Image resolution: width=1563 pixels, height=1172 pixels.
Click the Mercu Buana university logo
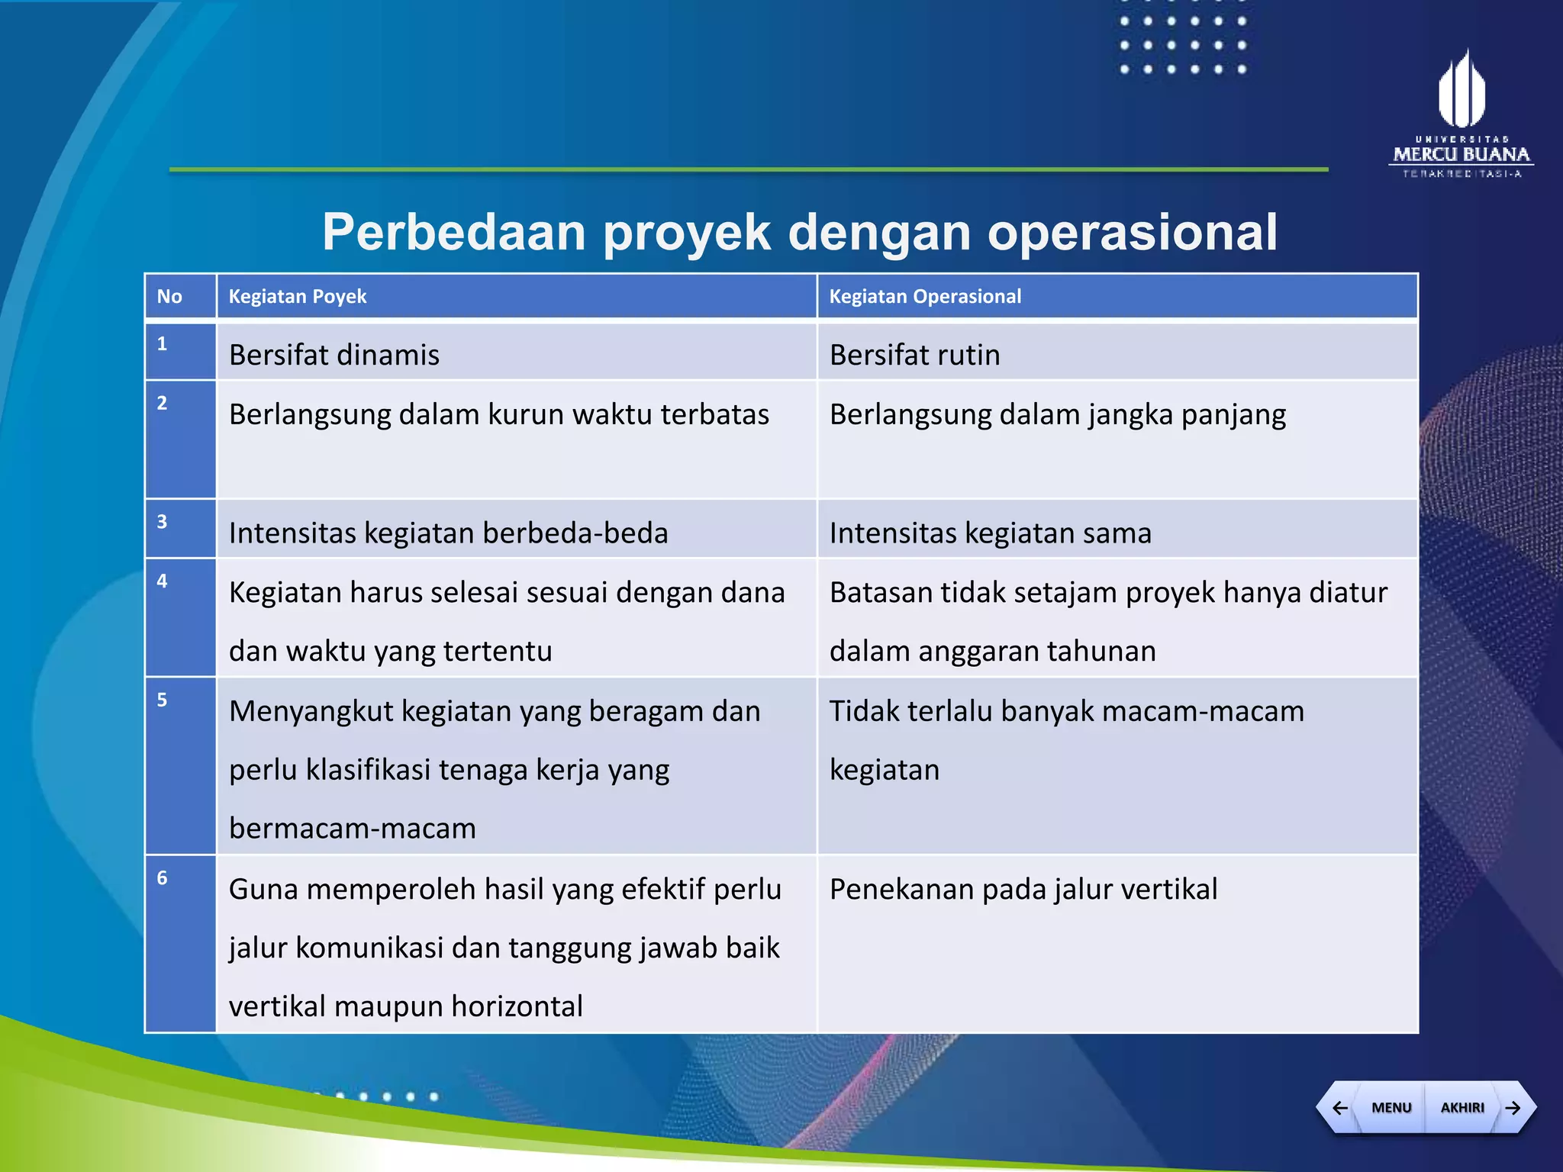(1461, 114)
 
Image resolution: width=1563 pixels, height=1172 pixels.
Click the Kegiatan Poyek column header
(298, 297)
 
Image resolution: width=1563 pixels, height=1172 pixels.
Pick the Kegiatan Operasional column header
(925, 297)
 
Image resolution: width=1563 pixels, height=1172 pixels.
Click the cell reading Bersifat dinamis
(334, 356)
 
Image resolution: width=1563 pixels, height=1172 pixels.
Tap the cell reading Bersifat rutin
(914, 356)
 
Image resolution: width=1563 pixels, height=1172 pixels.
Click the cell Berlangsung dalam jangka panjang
(1057, 415)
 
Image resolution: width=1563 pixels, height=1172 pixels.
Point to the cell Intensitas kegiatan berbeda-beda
(448, 533)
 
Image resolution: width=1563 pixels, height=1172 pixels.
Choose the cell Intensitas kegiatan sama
(990, 533)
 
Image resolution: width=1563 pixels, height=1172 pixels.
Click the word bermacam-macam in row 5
(353, 829)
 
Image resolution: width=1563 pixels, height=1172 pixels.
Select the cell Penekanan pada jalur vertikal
(1023, 890)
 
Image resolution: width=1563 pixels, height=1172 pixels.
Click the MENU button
(1391, 1107)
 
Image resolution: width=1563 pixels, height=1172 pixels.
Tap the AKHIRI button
(1461, 1107)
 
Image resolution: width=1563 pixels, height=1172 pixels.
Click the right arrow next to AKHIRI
(1513, 1107)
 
